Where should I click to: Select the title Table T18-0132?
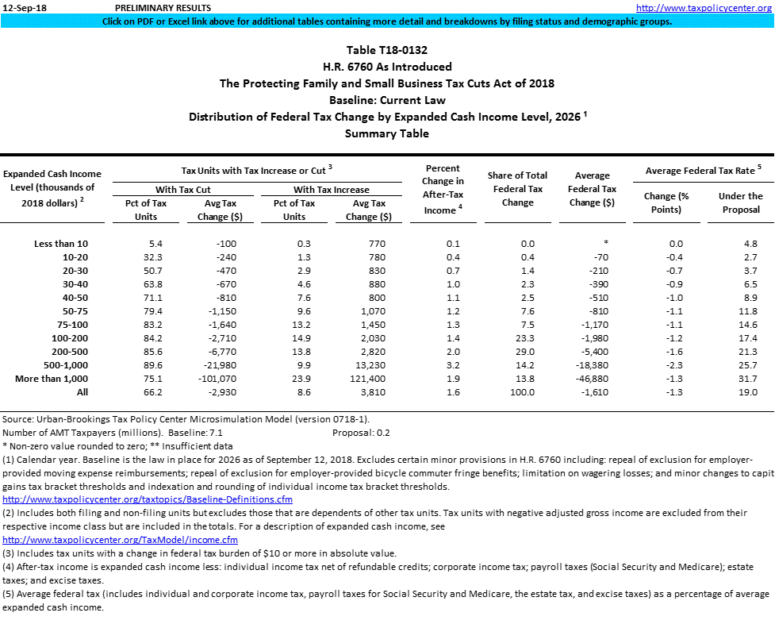[387, 50]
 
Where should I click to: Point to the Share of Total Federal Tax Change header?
[518, 189]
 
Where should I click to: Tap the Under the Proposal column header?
[740, 202]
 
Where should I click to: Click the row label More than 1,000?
[52, 379]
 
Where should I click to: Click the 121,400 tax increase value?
[366, 379]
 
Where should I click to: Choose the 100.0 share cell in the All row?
[521, 392]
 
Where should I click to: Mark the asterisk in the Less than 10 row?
[605, 244]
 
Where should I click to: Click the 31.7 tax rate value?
[748, 379]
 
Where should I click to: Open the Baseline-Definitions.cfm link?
[148, 499]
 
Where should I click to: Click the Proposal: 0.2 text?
[361, 433]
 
